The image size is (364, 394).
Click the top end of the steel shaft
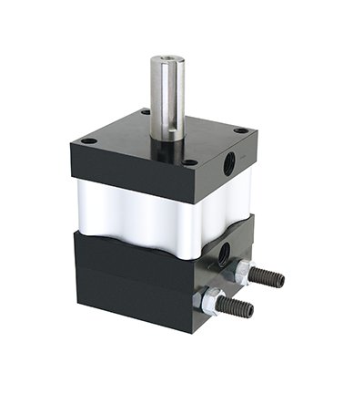point(167,60)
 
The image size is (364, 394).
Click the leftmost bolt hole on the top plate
point(87,141)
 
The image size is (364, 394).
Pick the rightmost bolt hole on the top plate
point(239,130)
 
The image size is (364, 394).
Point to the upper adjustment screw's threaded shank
point(266,276)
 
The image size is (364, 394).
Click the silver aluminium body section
point(136,214)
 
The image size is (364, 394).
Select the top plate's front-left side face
point(127,178)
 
